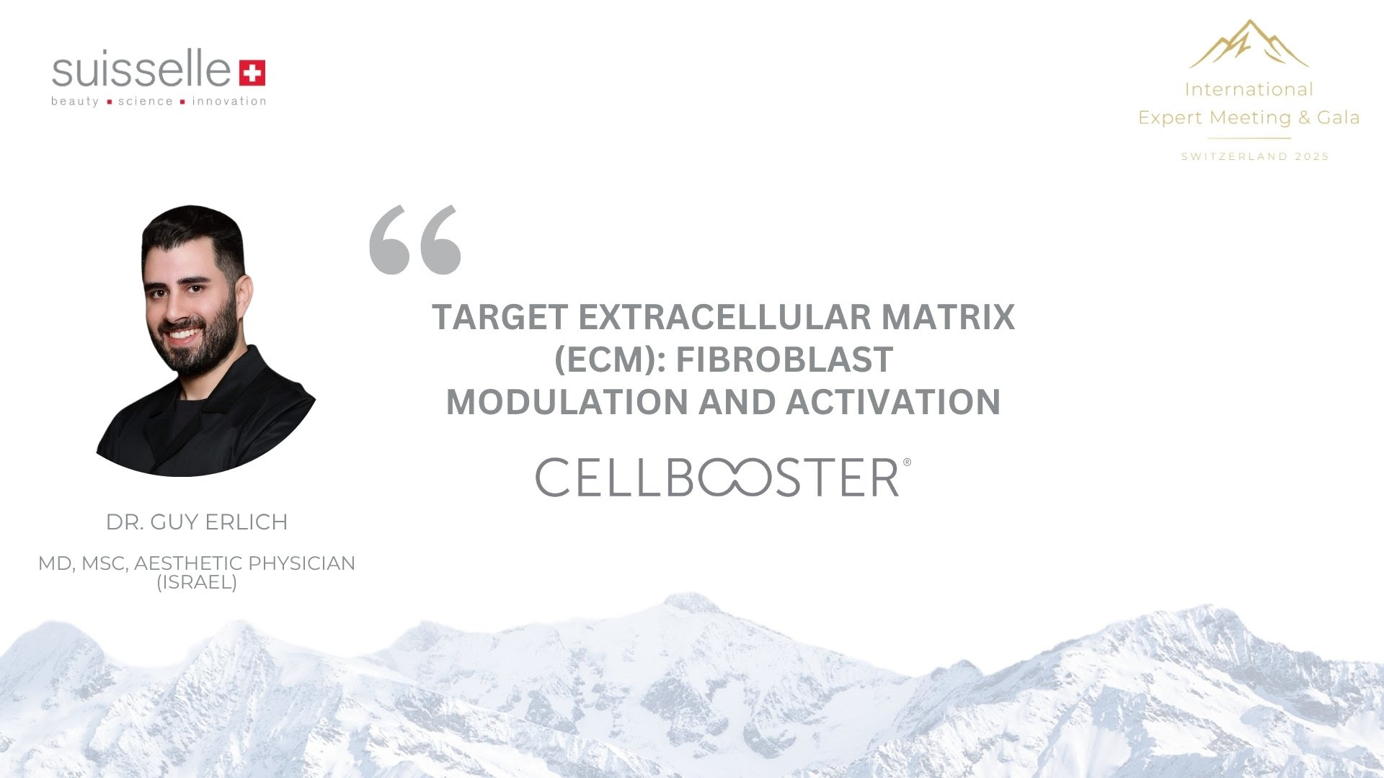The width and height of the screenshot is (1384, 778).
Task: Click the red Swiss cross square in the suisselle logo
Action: pyautogui.click(x=252, y=73)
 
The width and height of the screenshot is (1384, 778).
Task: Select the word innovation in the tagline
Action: pyautogui.click(x=229, y=101)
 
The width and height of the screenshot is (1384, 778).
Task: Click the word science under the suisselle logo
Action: pyautogui.click(x=146, y=101)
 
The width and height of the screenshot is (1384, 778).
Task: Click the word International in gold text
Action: pyautogui.click(x=1249, y=89)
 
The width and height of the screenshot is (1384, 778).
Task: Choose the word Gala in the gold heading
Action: pyautogui.click(x=1338, y=117)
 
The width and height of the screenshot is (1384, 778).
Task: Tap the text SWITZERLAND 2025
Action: pyautogui.click(x=1255, y=156)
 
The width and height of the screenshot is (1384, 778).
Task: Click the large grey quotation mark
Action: pyautogui.click(x=415, y=240)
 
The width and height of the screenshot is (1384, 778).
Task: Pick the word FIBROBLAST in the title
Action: pyautogui.click(x=784, y=359)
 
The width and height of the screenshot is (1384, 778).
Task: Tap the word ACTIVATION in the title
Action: pyautogui.click(x=893, y=402)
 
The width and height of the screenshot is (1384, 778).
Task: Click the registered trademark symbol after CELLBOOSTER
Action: pyautogui.click(x=907, y=462)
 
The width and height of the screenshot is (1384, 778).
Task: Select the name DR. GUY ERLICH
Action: pyautogui.click(x=197, y=522)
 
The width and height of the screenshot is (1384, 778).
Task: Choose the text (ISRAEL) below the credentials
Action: pyautogui.click(x=197, y=582)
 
